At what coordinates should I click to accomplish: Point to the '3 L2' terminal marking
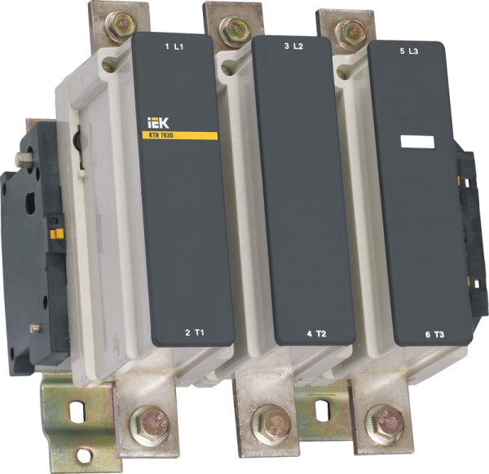pos(293,47)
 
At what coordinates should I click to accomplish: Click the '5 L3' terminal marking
pos(410,50)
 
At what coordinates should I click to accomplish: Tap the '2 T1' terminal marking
pos(193,333)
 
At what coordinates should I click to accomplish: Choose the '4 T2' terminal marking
pos(315,333)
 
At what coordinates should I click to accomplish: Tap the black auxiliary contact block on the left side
pos(37,244)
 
